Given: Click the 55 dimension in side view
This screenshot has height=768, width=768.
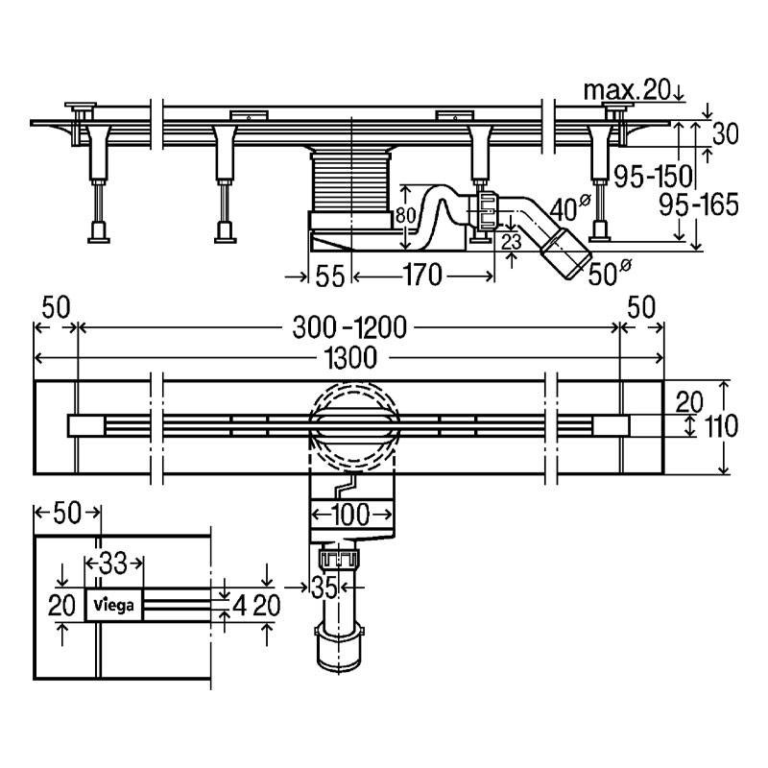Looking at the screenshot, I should tap(329, 277).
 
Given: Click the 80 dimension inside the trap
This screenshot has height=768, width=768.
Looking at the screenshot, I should tap(407, 216).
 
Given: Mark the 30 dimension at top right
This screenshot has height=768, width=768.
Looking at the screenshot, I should tap(725, 133).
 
